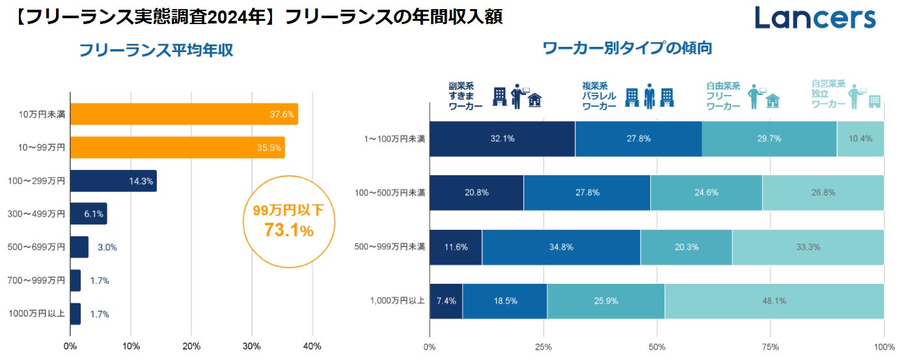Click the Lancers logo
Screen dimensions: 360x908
click(x=815, y=18)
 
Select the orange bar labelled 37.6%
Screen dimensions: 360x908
click(x=184, y=114)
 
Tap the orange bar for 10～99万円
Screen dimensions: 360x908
click(x=177, y=147)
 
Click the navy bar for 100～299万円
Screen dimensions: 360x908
click(x=113, y=180)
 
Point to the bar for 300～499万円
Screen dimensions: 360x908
click(x=88, y=214)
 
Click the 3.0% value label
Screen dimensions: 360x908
click(x=107, y=247)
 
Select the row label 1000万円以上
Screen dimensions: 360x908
click(x=37, y=314)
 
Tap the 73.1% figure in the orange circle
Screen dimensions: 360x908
click(x=288, y=230)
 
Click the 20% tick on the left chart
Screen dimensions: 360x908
click(x=191, y=346)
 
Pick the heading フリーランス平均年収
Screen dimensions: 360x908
click(x=156, y=50)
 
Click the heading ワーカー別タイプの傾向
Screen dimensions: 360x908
click(x=627, y=48)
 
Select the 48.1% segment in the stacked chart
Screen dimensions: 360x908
click(x=774, y=301)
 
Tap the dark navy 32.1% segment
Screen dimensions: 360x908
click(x=502, y=139)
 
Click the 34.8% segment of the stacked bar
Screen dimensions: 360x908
click(x=561, y=247)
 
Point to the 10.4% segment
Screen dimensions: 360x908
click(x=860, y=139)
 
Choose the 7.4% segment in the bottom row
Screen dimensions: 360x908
click(x=446, y=301)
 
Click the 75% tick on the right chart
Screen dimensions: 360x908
click(x=770, y=346)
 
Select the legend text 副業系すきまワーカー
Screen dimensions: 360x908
click(x=465, y=96)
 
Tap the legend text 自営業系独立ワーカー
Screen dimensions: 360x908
click(x=828, y=94)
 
